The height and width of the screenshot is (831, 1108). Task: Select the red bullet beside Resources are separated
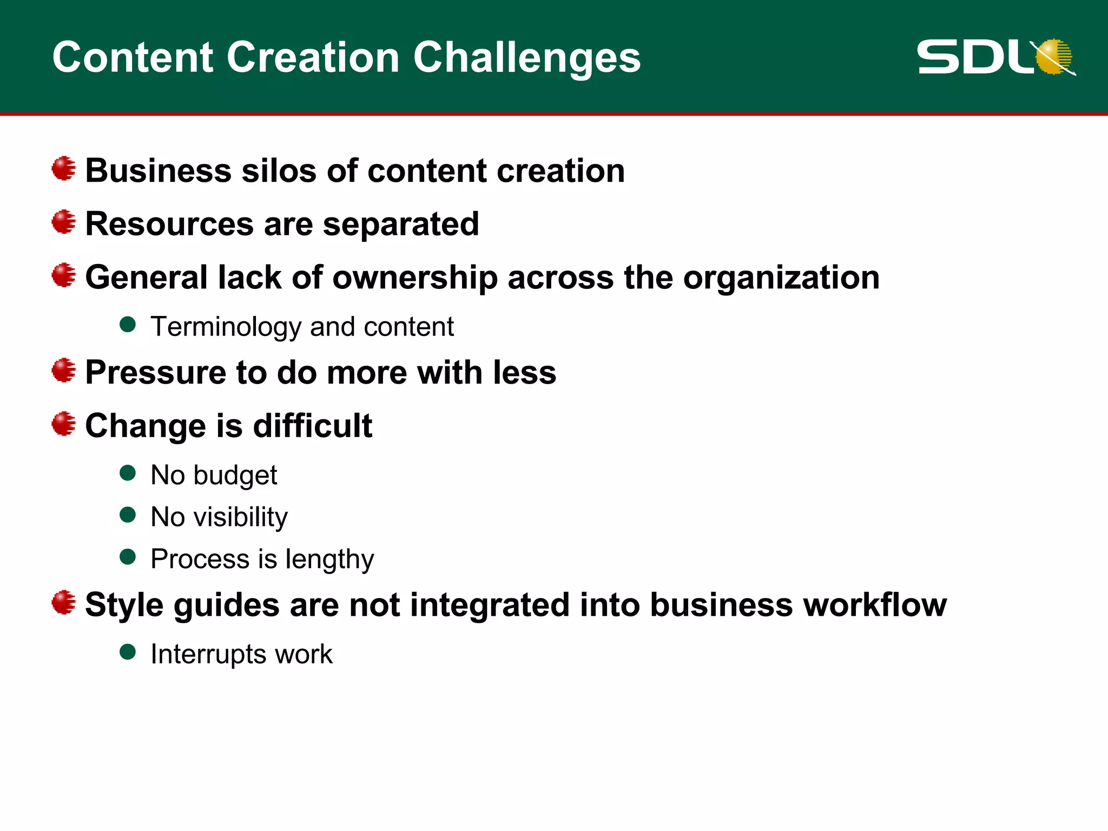(64, 222)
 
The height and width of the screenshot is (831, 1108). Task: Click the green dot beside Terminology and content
(128, 325)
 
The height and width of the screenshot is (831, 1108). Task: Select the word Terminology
(226, 327)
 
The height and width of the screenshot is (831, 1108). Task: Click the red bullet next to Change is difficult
(64, 424)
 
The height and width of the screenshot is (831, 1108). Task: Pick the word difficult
(313, 426)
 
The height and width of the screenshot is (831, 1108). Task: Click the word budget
(235, 476)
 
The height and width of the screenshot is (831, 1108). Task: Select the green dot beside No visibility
(128, 515)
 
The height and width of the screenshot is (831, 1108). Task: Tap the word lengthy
(329, 559)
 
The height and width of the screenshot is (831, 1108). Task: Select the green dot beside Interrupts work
(128, 652)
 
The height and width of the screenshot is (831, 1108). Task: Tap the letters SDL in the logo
(974, 57)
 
